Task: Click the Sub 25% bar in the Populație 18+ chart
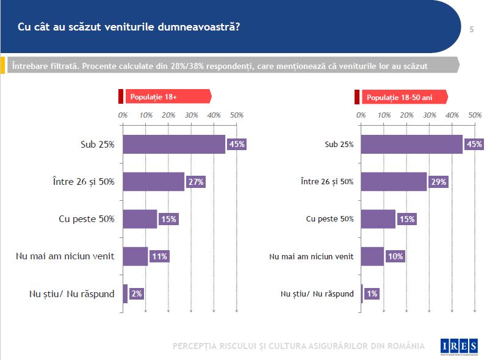[x=174, y=144]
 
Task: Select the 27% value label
[x=195, y=182]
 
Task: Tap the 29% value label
[x=438, y=182]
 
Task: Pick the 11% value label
[x=159, y=256]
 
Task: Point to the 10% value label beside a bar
[x=395, y=256]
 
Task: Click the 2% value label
[x=137, y=293]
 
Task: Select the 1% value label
[x=372, y=293]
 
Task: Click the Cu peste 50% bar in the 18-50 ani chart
[x=378, y=219]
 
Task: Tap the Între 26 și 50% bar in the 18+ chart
[x=153, y=182]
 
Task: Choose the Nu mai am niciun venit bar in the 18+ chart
[x=135, y=256]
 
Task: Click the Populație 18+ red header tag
[x=167, y=96]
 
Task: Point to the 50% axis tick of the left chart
[x=237, y=115]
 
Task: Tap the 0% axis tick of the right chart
[x=361, y=115]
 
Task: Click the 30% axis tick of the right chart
[x=429, y=115]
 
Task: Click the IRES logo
[x=459, y=346]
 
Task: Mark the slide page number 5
[x=472, y=29]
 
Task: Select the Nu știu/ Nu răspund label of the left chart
[x=71, y=293]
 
